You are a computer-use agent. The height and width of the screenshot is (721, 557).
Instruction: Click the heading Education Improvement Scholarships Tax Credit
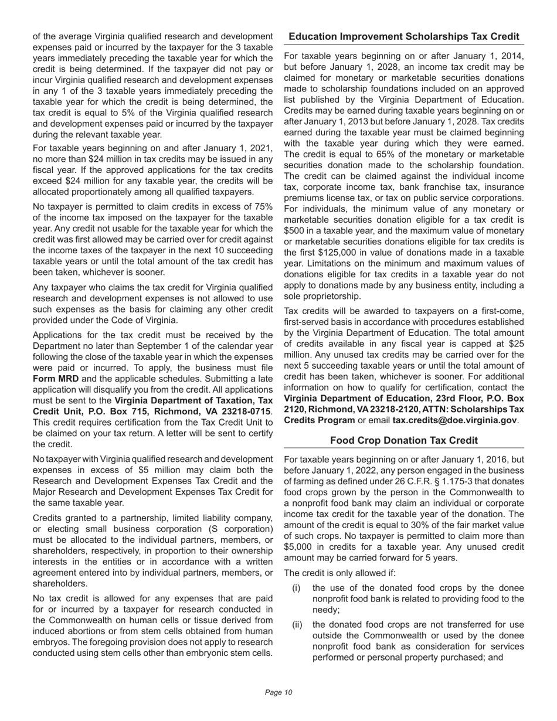tap(404, 37)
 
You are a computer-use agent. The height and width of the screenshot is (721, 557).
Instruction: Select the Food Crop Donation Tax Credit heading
tap(404, 440)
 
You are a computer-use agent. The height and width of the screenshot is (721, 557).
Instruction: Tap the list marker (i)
tap(297, 588)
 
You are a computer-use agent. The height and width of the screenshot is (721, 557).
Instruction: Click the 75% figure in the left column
tap(262, 207)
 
